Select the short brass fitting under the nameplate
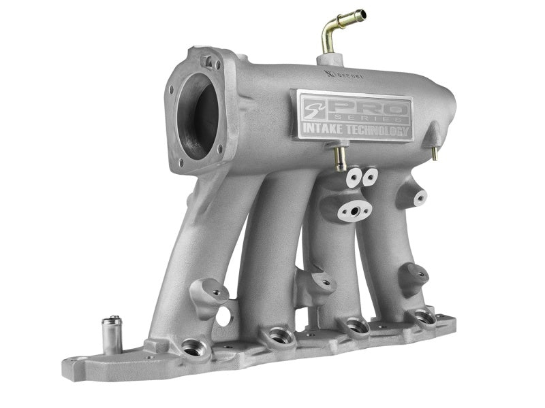click(339, 158)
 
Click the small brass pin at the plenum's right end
click(434, 153)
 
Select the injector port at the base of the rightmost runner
click(422, 316)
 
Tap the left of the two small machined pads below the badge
click(353, 178)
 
